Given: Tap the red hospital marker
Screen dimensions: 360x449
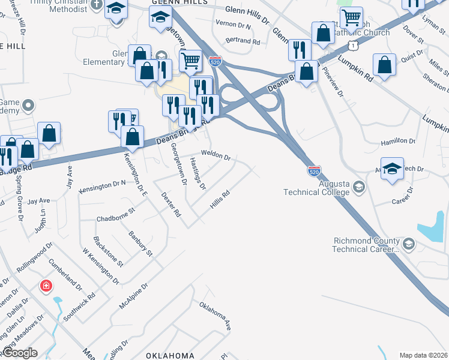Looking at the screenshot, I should tap(46, 286).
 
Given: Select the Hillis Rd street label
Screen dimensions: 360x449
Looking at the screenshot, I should tap(220, 199).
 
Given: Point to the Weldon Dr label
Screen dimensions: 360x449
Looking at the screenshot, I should tap(215, 155).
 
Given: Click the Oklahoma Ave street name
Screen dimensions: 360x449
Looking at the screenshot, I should tap(215, 316).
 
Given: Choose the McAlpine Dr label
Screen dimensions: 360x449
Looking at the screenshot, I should tap(133, 297).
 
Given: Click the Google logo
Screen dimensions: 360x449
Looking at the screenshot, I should tap(20, 353).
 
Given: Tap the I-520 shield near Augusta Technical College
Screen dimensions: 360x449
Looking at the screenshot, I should tap(314, 171).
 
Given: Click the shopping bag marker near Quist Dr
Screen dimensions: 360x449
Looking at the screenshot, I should tap(384, 65).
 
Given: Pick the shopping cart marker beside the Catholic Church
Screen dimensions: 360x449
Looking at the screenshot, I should tap(351, 17).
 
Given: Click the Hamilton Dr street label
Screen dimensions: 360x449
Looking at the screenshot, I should tap(399, 142).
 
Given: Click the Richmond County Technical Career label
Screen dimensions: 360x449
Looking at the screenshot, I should tap(366, 245).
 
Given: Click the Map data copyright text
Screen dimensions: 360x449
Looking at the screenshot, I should tap(423, 355).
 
